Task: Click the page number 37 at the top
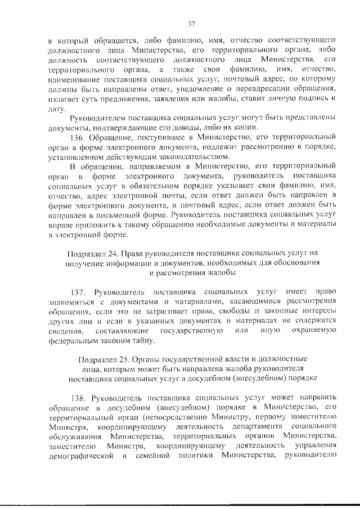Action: (x=191, y=23)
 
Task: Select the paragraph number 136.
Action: (x=79, y=137)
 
